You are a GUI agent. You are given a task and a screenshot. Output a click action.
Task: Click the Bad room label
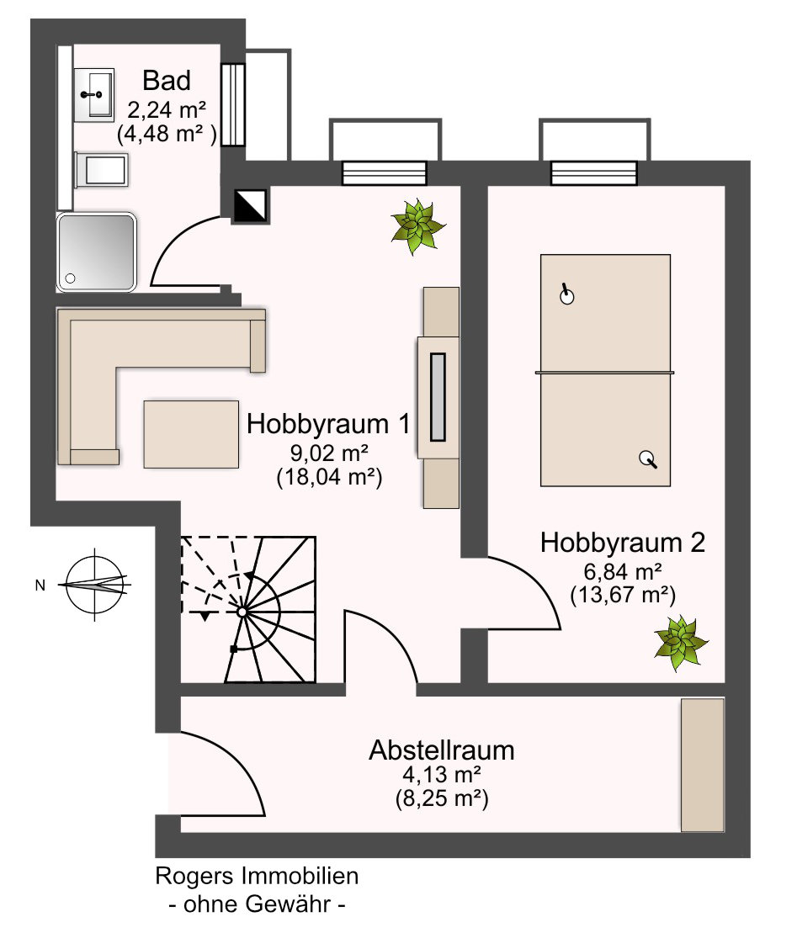click(x=167, y=81)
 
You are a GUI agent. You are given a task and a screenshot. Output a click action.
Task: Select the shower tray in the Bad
click(x=96, y=252)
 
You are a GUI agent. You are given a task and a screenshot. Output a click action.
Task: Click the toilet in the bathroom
click(x=101, y=171)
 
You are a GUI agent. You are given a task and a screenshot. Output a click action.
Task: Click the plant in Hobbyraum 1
click(x=417, y=225)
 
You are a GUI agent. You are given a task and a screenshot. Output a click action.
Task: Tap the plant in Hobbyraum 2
click(x=682, y=644)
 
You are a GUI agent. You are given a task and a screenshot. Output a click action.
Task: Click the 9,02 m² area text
click(x=328, y=453)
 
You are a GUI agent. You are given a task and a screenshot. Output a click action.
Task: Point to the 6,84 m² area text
click(x=622, y=572)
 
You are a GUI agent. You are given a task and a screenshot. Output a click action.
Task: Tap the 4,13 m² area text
click(x=441, y=774)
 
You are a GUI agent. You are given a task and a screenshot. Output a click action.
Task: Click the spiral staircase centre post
click(x=242, y=612)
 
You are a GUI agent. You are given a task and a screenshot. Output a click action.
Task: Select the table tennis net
click(x=605, y=371)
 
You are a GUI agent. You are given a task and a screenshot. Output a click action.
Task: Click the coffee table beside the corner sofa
click(x=190, y=433)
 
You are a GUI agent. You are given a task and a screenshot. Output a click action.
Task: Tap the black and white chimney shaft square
click(x=250, y=204)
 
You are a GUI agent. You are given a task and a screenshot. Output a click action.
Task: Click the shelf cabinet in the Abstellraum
click(x=702, y=764)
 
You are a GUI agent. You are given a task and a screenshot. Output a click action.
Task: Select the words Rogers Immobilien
click(x=257, y=876)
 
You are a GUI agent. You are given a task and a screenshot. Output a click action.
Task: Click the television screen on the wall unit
click(x=438, y=397)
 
